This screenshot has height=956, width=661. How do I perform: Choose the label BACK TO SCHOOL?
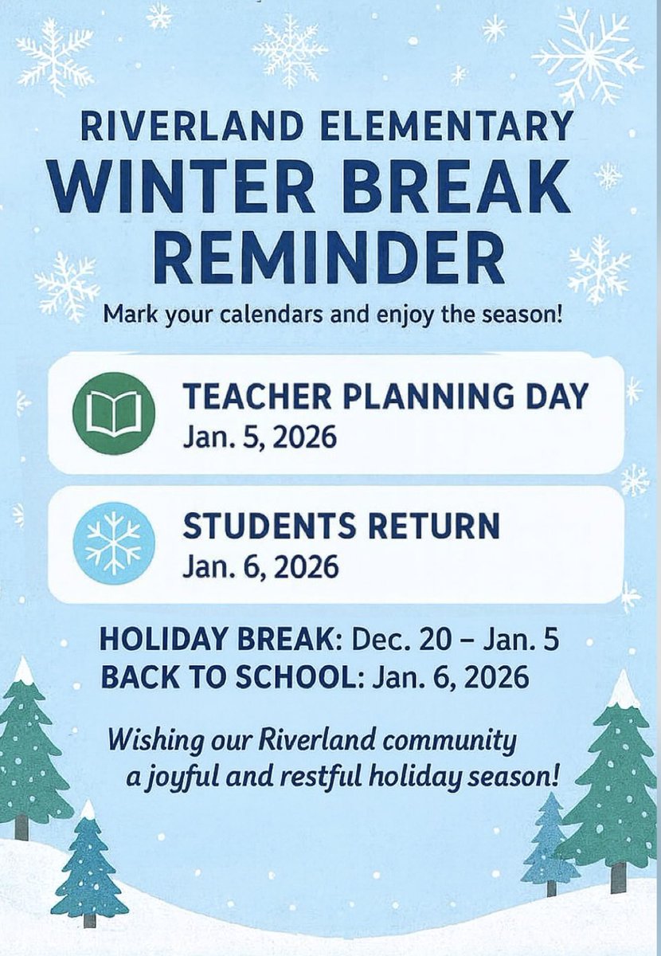pos(228,677)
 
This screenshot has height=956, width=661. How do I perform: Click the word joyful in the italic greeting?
pos(189,777)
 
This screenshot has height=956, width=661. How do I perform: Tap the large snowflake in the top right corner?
pos(588,56)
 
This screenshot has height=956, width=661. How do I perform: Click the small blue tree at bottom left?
pos(88,868)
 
